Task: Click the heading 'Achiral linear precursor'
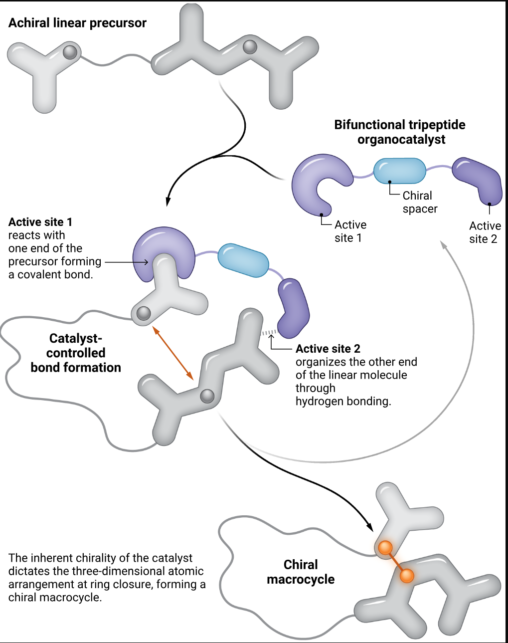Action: [77, 23]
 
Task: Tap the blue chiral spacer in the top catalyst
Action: [399, 171]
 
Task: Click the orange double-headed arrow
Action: [172, 353]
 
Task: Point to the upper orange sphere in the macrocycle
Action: [385, 548]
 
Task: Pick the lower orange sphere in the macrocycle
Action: [407, 576]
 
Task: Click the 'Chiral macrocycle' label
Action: [301, 572]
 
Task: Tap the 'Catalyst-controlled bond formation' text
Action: [76, 353]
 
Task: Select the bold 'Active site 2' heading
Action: [328, 349]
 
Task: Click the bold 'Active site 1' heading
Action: [40, 222]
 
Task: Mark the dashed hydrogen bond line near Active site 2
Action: [269, 332]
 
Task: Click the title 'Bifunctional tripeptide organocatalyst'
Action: [400, 132]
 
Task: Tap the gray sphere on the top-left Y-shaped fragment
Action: [70, 51]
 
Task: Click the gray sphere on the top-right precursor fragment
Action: [250, 47]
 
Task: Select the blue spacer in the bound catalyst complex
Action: [243, 260]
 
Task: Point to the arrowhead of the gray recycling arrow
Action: [443, 244]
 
